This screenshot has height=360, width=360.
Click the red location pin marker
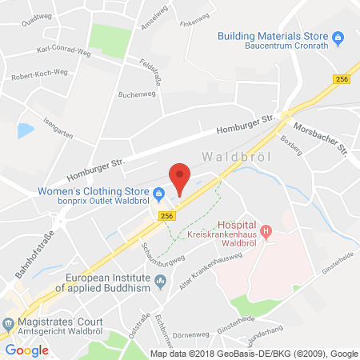coord(181,177)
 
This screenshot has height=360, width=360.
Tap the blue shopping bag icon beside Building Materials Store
coord(338,37)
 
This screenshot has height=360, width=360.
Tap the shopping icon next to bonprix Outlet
coord(160,193)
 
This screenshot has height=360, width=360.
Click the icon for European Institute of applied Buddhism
coord(162,279)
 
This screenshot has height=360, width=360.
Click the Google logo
coord(27,350)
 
